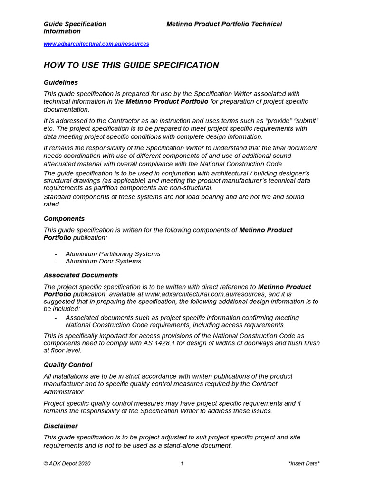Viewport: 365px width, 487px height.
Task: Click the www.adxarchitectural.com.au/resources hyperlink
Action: click(x=96, y=44)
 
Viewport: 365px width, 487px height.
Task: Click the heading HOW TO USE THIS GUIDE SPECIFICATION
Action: click(x=131, y=65)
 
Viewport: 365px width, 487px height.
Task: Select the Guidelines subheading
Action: click(x=61, y=82)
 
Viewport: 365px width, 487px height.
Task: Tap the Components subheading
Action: click(x=64, y=219)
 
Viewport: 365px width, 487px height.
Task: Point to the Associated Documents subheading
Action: click(x=81, y=275)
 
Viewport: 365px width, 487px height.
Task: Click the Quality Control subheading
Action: click(x=68, y=365)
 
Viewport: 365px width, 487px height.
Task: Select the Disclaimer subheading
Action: click(x=61, y=426)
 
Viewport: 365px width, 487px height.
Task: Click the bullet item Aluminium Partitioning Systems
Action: click(x=113, y=254)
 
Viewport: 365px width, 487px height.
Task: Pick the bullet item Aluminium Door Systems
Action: click(x=103, y=261)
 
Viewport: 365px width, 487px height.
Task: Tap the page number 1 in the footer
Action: click(x=182, y=463)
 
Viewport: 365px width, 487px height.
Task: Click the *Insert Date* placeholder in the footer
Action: click(x=304, y=463)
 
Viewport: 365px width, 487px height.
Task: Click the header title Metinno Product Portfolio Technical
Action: click(x=224, y=24)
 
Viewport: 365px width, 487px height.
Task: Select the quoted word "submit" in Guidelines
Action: click(x=307, y=121)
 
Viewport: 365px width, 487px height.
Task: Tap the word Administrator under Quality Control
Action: click(x=64, y=392)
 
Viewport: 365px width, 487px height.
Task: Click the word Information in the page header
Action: click(x=62, y=31)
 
